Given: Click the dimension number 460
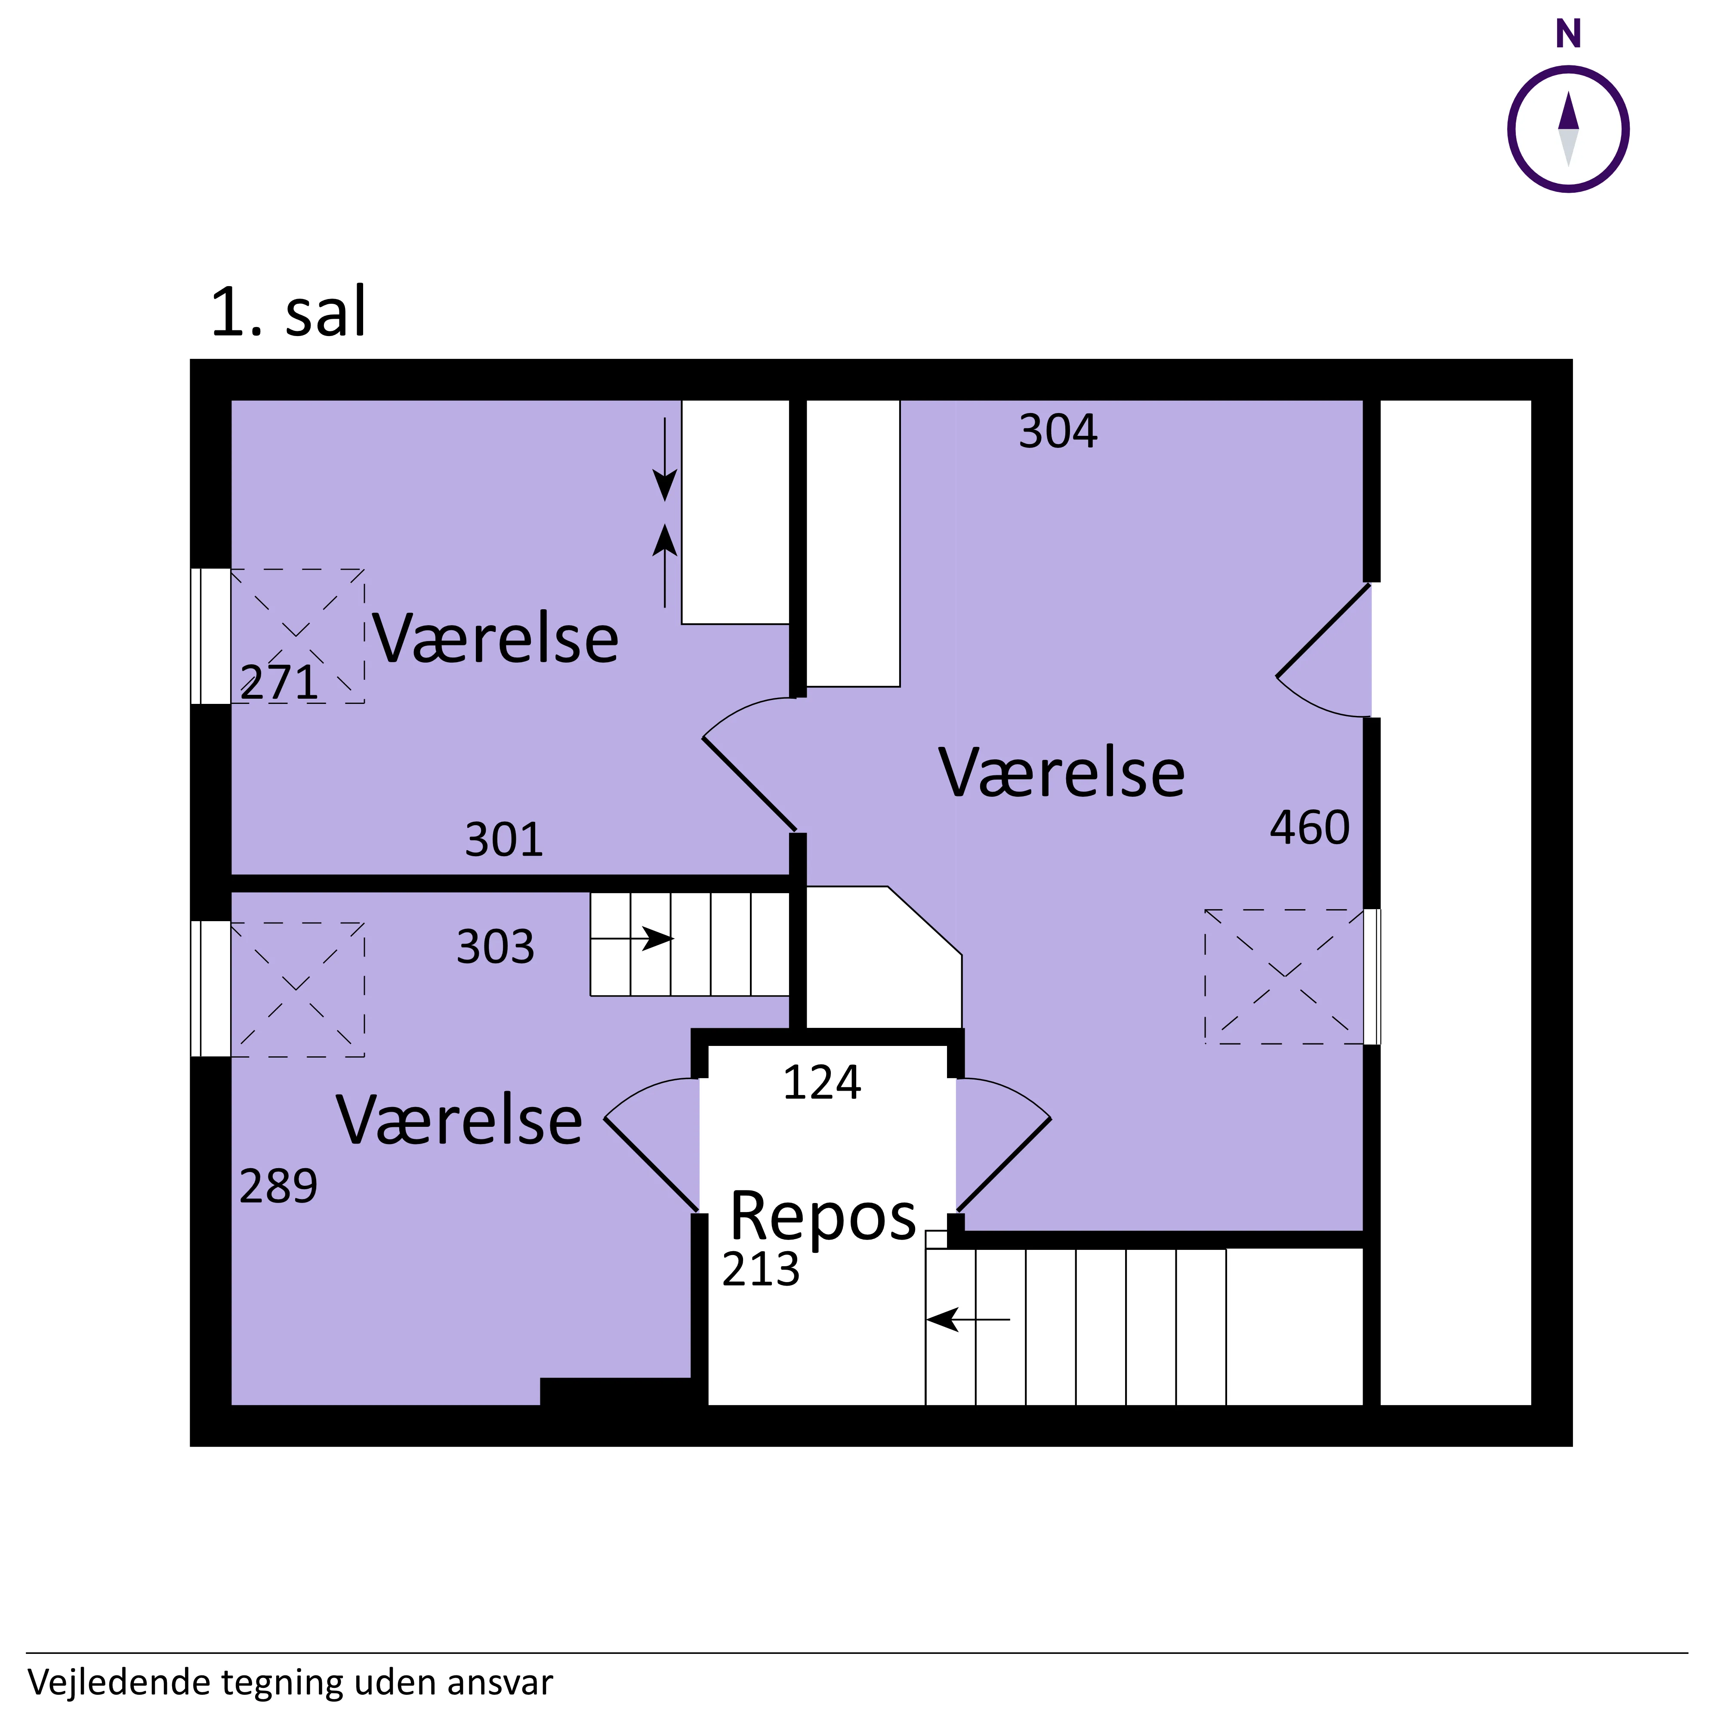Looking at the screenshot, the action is point(1309,827).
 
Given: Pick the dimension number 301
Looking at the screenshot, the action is point(504,840).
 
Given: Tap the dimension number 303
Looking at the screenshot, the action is point(495,947).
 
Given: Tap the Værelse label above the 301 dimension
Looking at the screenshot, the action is point(495,638).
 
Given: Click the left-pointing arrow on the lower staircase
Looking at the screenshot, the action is point(968,1319).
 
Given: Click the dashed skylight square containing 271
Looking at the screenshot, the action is point(298,636).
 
